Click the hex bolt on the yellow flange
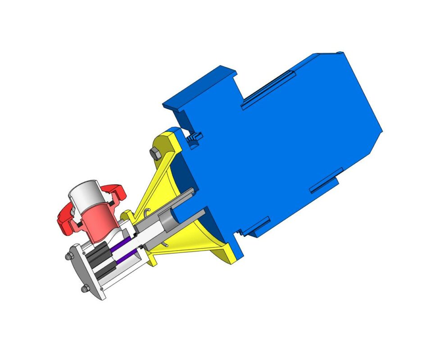[154, 153]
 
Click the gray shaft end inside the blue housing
[169, 220]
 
